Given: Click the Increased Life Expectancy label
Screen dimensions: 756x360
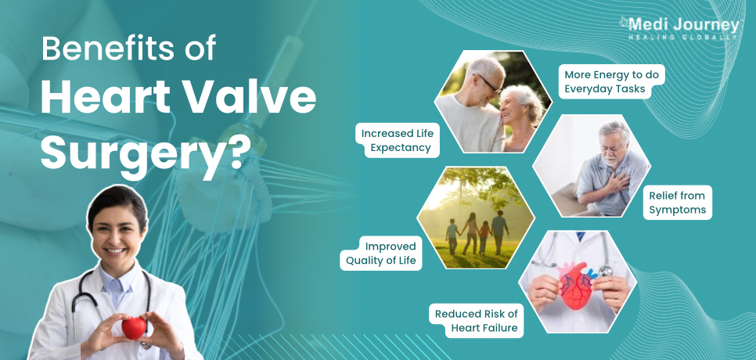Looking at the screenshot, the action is (x=398, y=140).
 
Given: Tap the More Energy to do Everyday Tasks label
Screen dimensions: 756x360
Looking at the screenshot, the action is (x=612, y=81).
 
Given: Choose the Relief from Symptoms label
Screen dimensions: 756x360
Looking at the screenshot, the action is (x=677, y=203).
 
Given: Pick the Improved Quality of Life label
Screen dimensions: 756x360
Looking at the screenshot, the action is (x=381, y=253).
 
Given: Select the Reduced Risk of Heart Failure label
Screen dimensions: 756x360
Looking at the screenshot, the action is (x=476, y=321).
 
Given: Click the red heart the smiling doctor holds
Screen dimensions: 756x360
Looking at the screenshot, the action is (x=134, y=328).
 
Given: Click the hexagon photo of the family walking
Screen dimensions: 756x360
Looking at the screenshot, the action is (x=476, y=218).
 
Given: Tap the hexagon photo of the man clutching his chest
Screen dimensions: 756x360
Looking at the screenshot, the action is (x=592, y=166).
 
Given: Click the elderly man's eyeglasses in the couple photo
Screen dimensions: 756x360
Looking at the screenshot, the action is (x=490, y=85).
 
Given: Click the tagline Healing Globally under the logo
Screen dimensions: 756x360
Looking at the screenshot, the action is (x=682, y=37).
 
